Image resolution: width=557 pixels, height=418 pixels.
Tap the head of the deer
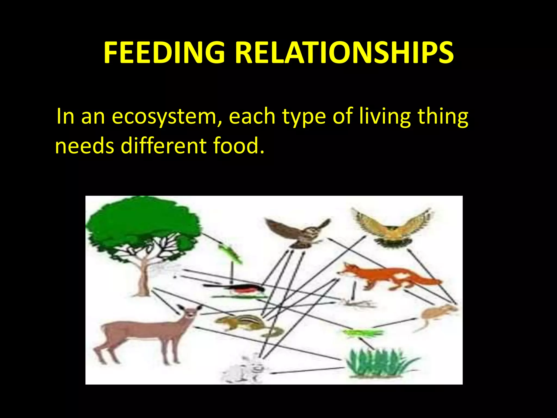click(190, 313)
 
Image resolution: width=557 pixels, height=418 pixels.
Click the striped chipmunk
click(245, 322)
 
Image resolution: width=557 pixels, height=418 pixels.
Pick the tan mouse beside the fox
click(438, 313)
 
